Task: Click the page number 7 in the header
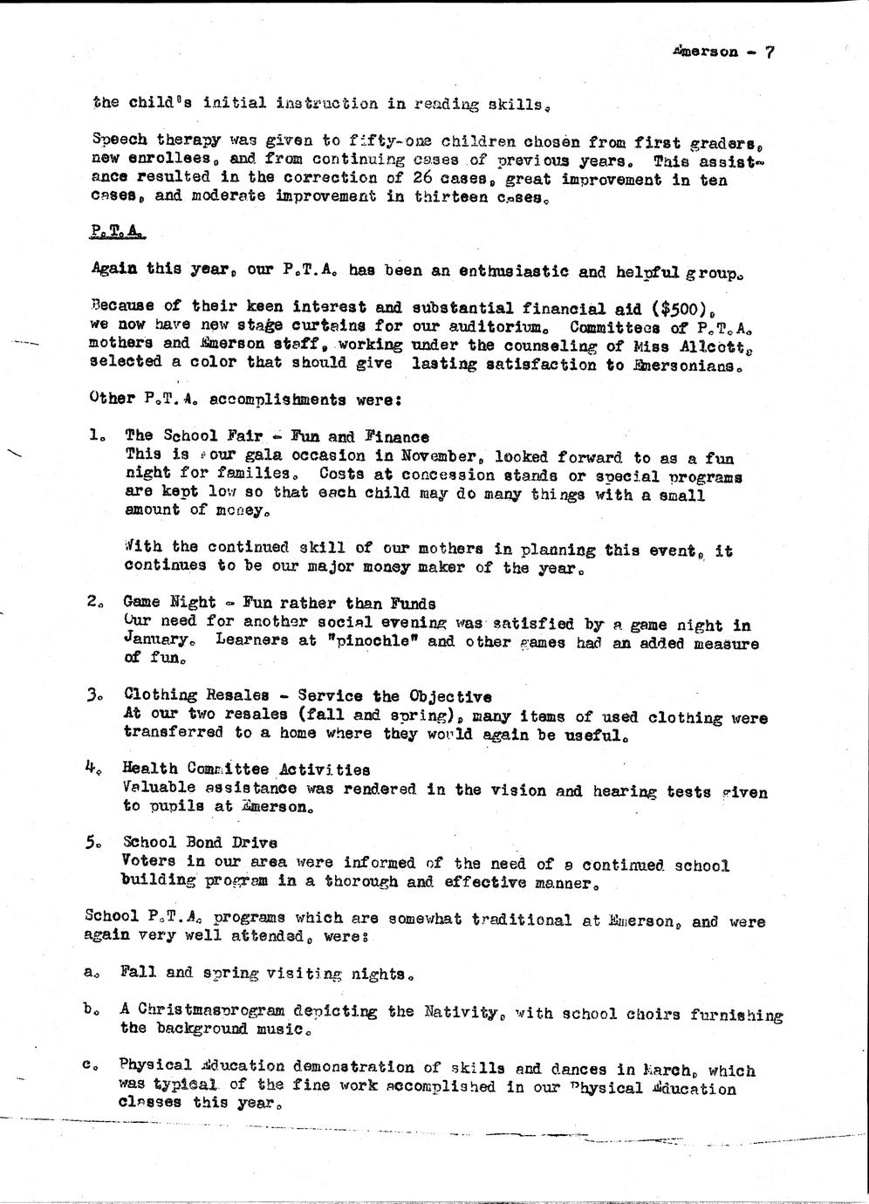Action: coord(769,51)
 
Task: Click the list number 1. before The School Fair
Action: coord(97,434)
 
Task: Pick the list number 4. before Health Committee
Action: coord(96,767)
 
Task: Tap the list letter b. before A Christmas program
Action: coord(90,1009)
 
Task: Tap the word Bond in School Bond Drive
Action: coord(200,843)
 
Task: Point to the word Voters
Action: coord(147,861)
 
